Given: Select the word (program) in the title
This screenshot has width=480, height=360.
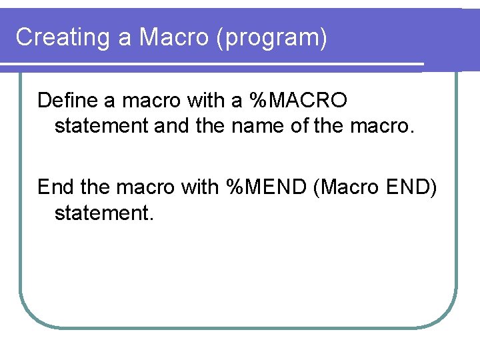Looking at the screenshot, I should tap(271, 37).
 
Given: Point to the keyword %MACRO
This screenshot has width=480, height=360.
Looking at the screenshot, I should tap(298, 101).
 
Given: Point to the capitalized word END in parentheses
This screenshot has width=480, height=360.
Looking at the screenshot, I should tap(411, 187).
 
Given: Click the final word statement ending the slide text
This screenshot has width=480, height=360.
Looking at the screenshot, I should tap(103, 213).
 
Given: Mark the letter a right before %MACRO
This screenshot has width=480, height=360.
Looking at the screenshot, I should tap(237, 101).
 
